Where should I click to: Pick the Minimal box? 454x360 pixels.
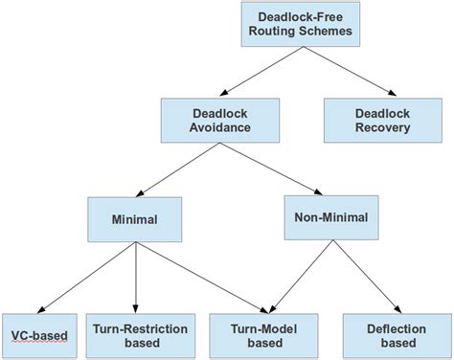pyautogui.click(x=134, y=218)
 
